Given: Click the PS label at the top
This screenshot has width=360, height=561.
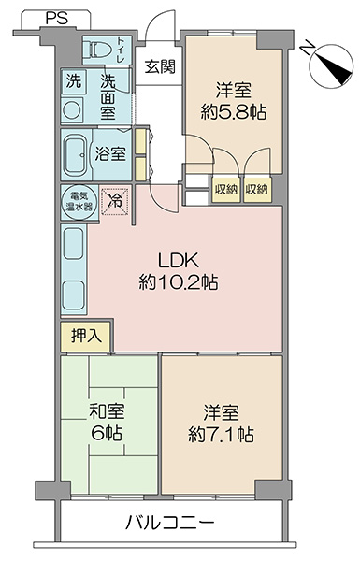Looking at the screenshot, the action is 56,19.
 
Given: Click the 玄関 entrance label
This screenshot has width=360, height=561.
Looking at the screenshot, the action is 160,66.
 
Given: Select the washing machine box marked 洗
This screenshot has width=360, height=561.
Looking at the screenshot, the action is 74,81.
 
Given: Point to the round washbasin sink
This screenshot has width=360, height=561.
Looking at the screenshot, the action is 72,110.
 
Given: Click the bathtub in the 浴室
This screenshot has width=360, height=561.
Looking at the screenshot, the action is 75,154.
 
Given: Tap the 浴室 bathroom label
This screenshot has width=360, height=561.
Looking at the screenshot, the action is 109,154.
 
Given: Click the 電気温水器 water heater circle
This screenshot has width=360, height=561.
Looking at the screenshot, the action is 79,202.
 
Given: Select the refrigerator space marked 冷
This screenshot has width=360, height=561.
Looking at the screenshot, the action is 115,202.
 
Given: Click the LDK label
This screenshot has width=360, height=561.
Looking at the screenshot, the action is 179,261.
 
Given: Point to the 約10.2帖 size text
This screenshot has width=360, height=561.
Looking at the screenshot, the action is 179,282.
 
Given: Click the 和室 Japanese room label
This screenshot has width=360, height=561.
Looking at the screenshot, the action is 107,411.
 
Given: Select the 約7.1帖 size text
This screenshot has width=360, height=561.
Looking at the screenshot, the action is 222,434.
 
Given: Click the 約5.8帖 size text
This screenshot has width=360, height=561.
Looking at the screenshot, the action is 234,112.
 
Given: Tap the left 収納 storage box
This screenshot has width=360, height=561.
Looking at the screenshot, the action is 226,189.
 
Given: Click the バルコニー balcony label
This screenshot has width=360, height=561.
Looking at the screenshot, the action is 170,523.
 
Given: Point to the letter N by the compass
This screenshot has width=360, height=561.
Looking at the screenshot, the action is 307,49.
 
